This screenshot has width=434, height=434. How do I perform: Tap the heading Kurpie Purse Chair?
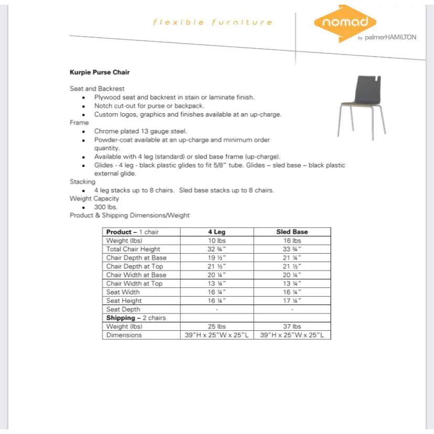pos(100,72)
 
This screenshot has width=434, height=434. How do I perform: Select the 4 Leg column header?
pos(216,232)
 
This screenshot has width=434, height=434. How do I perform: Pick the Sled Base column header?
pos(292,232)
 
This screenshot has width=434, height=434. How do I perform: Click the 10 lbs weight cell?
pos(216,241)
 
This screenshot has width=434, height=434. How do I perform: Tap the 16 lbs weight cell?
pos(292,241)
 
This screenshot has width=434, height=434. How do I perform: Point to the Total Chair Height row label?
pos(133,249)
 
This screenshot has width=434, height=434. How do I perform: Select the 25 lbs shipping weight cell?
pos(216,327)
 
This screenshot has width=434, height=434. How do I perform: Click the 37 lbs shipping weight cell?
pos(292,327)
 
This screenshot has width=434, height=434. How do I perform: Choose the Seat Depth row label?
pos(123,309)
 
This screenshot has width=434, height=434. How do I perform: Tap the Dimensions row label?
pos(124,335)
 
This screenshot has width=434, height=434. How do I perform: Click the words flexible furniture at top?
pos(213,23)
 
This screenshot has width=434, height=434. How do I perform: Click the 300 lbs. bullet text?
pos(106,207)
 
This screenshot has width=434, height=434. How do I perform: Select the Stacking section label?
pos(82,182)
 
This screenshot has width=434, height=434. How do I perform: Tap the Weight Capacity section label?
pos(94,199)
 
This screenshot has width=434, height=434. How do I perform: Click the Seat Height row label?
pos(124,301)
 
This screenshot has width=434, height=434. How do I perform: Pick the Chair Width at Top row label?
pos(134,284)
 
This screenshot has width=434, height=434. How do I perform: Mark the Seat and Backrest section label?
pos(97,89)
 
